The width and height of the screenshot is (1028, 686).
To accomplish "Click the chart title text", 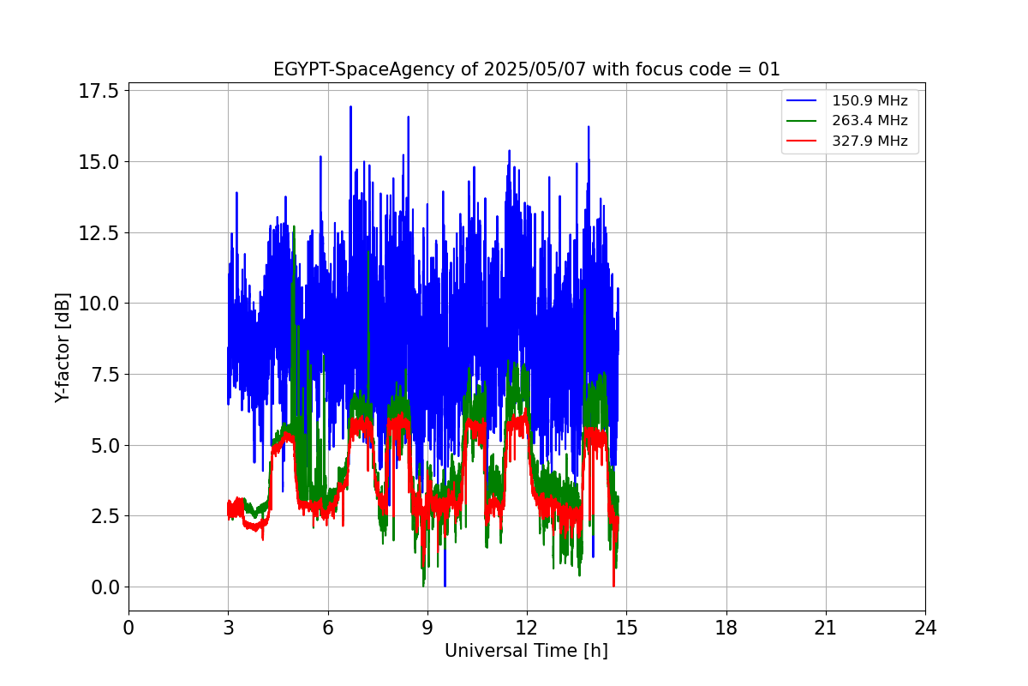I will [526, 69].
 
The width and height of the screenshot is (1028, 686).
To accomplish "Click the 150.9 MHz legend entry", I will [870, 101].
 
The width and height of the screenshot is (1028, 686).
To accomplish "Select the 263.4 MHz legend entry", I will [870, 121].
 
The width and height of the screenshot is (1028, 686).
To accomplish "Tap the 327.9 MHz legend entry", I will [870, 141].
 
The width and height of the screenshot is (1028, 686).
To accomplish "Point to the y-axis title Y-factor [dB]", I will [62, 347].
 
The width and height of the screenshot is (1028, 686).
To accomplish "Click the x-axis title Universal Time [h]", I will [526, 651].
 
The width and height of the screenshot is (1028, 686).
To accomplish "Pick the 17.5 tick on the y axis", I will [99, 91].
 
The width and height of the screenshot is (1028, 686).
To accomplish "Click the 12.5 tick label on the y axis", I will [99, 232].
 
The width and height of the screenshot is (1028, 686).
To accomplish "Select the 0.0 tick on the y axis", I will [105, 587].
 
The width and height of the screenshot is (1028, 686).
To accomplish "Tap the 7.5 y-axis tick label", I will [105, 374].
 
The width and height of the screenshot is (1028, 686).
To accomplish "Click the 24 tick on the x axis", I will [925, 628].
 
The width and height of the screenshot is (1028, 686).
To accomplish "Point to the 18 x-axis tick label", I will [726, 628].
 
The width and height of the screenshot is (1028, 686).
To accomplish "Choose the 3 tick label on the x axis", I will [228, 628].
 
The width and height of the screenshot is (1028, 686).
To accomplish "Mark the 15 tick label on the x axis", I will [626, 628].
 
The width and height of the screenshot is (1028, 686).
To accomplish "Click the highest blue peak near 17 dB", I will [350, 107].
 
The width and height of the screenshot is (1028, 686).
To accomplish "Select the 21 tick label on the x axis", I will [826, 628].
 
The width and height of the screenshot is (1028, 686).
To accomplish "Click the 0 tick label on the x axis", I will [128, 628].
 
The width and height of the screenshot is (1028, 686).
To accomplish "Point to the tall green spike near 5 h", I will [294, 228].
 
